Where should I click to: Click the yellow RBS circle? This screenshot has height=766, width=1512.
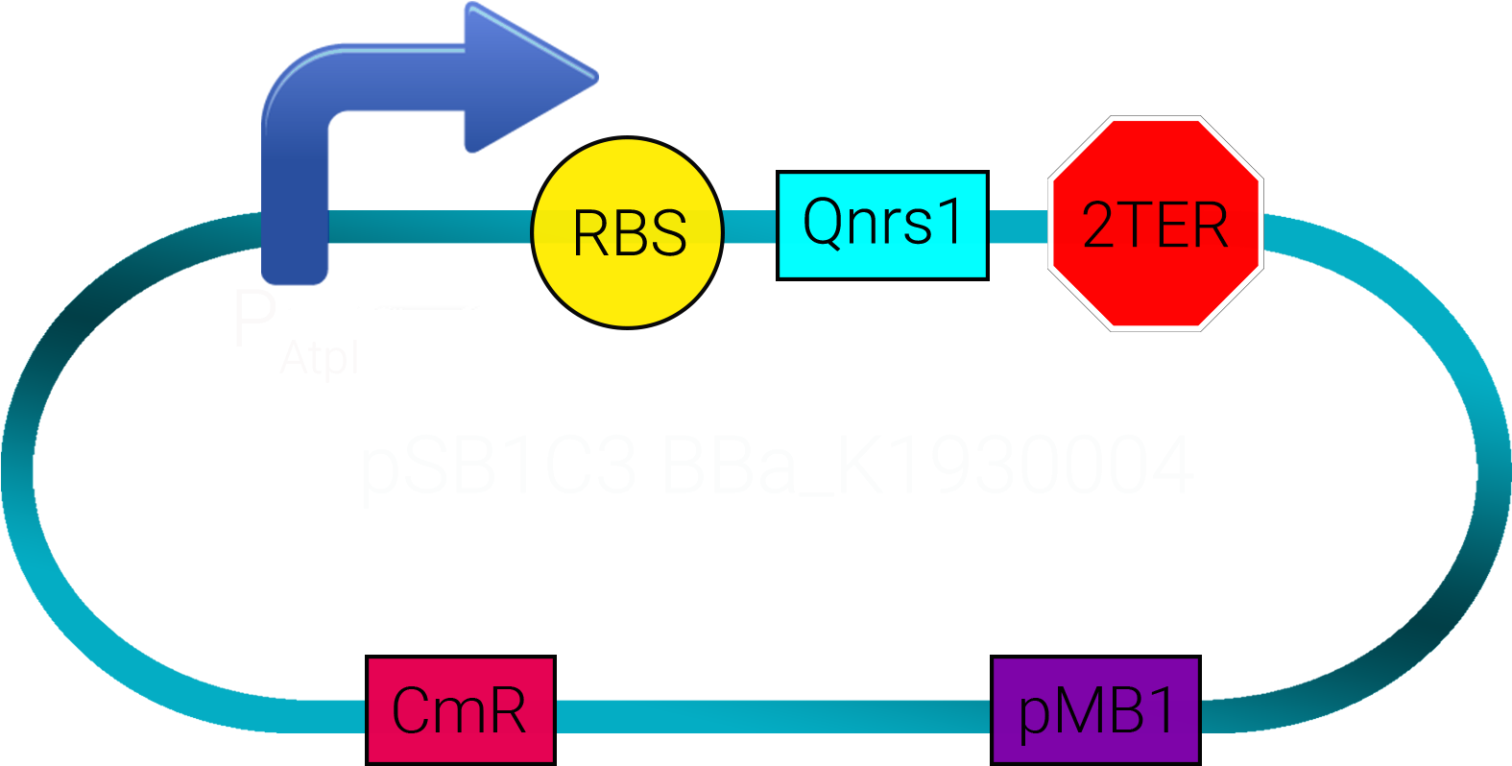click(x=627, y=232)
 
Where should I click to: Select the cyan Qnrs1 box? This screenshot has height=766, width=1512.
click(x=882, y=226)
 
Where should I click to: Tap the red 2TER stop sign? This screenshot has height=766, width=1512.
click(x=1155, y=224)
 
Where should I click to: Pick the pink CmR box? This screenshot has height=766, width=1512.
click(x=460, y=710)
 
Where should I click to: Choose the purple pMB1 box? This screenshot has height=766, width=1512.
click(x=1095, y=710)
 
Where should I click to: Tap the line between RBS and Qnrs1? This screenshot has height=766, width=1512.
click(x=750, y=227)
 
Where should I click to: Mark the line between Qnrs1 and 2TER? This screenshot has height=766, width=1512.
click(x=1017, y=227)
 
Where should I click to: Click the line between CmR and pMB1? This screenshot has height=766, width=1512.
click(x=773, y=716)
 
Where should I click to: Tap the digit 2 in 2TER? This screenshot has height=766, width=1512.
click(x=1098, y=226)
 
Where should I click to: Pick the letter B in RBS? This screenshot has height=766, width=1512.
click(x=630, y=232)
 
